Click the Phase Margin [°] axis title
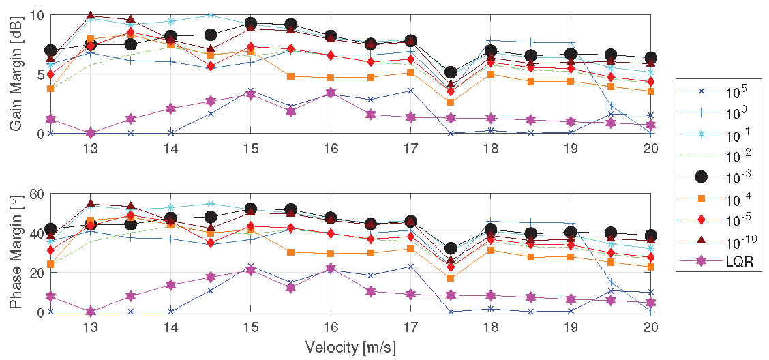pyautogui.click(x=14, y=253)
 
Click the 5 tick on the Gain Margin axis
pyautogui.click(x=42, y=74)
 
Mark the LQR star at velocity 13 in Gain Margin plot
pyautogui.click(x=91, y=132)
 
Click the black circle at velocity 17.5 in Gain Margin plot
pyautogui.click(x=451, y=72)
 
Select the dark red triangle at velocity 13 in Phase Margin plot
pyautogui.click(x=91, y=203)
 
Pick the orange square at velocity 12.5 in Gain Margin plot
pyautogui.click(x=50, y=89)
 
